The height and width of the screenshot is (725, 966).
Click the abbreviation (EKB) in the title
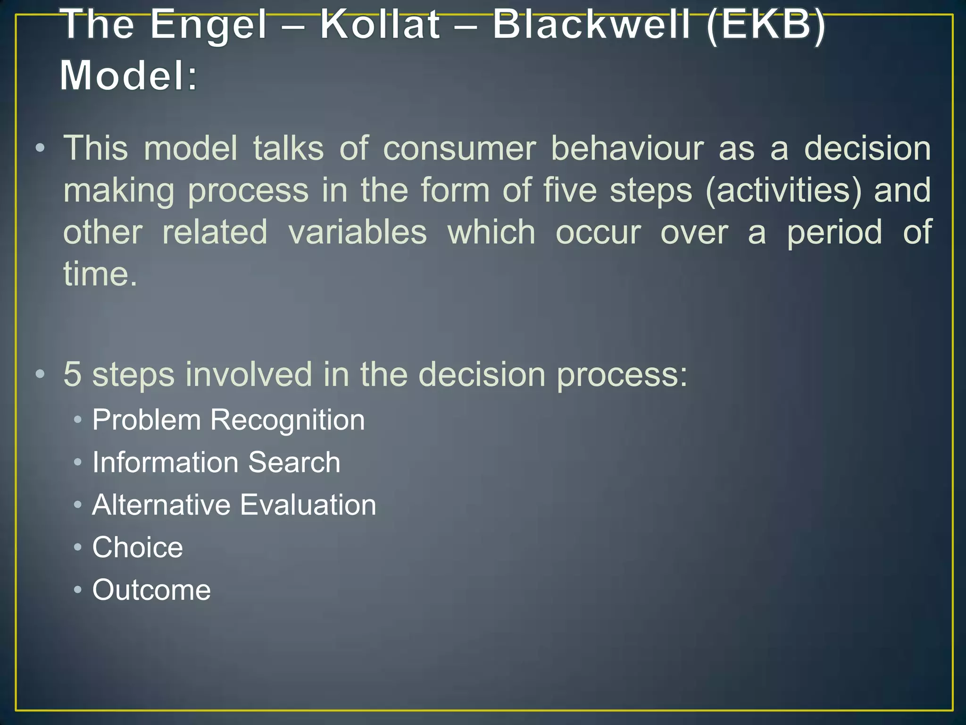coord(766,26)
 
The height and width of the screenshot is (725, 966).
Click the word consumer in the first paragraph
coord(459,148)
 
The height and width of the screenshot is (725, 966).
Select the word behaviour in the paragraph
coord(627,148)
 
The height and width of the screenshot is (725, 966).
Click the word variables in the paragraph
coord(358,232)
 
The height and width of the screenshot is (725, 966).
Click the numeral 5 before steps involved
coord(72,374)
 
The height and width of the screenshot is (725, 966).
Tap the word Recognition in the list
coord(287,421)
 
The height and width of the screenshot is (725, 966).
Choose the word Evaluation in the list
coord(308,505)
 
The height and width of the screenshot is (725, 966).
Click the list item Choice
coord(137,548)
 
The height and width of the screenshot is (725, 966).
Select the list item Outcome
coord(151,590)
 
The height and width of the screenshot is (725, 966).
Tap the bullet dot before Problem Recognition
coord(78,420)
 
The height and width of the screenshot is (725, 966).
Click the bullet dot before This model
coord(40,148)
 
